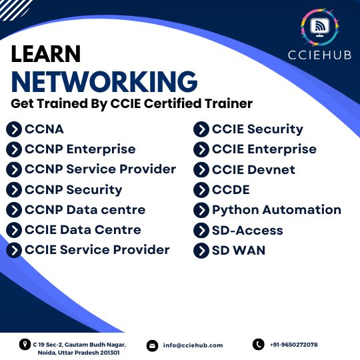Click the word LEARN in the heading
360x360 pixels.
pyautogui.click(x=46, y=54)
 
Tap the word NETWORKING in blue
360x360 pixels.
pyautogui.click(x=104, y=82)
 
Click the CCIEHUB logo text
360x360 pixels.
pyautogui.click(x=319, y=55)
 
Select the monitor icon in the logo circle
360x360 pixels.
pyautogui.click(x=319, y=27)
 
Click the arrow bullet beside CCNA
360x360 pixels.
pyautogui.click(x=14, y=129)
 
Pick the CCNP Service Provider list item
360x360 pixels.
pyautogui.click(x=100, y=169)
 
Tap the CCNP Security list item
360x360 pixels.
pyautogui.click(x=73, y=190)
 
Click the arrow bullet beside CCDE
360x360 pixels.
pyautogui.click(x=201, y=190)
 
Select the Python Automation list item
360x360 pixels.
pyautogui.click(x=277, y=210)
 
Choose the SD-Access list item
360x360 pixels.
pyautogui.click(x=247, y=230)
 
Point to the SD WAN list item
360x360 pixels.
pyautogui.click(x=239, y=250)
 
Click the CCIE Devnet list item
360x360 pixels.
pyautogui.click(x=253, y=170)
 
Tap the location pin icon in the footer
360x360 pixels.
pyautogui.click(x=25, y=345)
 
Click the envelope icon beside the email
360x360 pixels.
pyautogui.click(x=152, y=345)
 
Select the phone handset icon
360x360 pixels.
pyautogui.click(x=259, y=345)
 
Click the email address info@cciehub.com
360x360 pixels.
pyautogui.click(x=193, y=345)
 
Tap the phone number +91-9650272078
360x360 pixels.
pyautogui.click(x=294, y=345)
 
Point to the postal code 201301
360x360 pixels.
pyautogui.click(x=110, y=353)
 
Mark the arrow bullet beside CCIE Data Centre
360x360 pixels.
pyautogui.click(x=14, y=230)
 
